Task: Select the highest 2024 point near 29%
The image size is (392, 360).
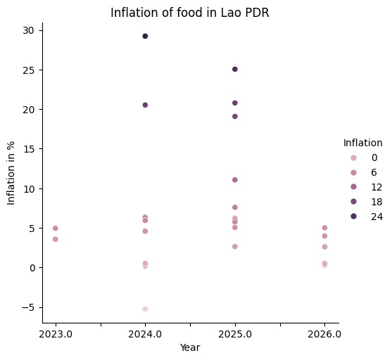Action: point(145,36)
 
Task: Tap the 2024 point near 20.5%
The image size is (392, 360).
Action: point(145,105)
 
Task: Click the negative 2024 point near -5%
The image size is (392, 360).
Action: point(145,309)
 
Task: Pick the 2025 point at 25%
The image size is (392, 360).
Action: point(235,69)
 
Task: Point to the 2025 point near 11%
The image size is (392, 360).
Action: point(235,180)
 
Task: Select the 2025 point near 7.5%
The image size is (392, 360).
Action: point(235,207)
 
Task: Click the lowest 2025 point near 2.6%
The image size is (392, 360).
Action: point(235,247)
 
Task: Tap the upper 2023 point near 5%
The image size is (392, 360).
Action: point(56,229)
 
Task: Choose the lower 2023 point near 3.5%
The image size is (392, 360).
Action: point(56,239)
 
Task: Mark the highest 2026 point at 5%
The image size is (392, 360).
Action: point(324,228)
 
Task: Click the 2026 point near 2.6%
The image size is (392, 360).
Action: point(324,247)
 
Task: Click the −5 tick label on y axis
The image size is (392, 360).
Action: point(26,307)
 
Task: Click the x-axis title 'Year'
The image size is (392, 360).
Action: point(189,347)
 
